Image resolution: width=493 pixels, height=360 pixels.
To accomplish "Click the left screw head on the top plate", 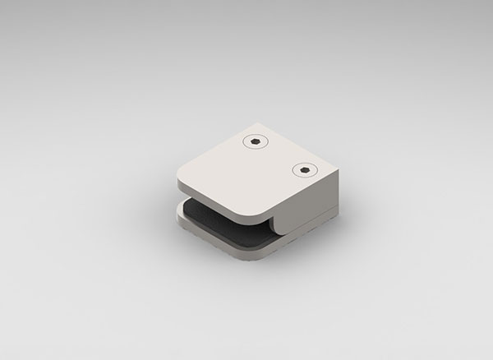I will coord(257,142).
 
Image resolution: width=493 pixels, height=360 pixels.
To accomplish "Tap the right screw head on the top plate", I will coord(306,170).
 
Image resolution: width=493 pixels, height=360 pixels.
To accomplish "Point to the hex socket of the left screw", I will coord(257,142).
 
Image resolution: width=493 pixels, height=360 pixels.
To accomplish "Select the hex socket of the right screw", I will coord(306,170).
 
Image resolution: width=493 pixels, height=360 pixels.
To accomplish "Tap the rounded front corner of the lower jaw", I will coord(267,257).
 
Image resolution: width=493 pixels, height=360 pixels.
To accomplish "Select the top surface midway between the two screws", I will coord(282,156).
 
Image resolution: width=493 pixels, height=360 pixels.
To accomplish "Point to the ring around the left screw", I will coord(249,142).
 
